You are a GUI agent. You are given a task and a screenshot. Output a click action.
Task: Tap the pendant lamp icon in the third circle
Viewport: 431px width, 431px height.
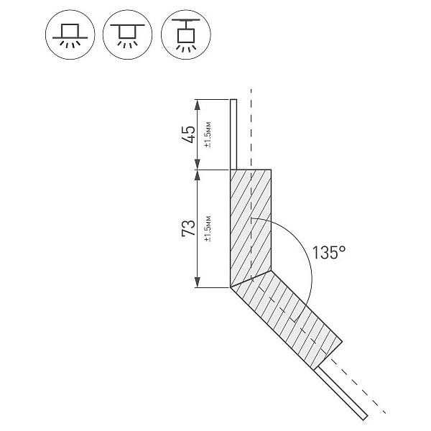coord(186,35)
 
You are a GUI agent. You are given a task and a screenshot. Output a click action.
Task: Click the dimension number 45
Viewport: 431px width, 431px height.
coord(189,134)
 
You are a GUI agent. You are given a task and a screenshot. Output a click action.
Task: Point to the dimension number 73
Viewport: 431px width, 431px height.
coord(189,228)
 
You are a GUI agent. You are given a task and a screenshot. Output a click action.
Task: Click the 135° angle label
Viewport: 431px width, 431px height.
coord(329,252)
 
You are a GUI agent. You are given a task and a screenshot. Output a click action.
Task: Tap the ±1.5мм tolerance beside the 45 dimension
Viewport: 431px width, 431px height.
coord(208,134)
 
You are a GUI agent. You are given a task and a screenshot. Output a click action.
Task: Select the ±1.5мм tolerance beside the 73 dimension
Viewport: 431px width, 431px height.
coord(208,228)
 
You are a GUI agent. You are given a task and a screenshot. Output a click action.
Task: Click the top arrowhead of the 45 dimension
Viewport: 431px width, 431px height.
coord(197,104)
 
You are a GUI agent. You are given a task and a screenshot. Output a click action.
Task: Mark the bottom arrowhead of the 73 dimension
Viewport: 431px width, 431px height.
coord(197,282)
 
